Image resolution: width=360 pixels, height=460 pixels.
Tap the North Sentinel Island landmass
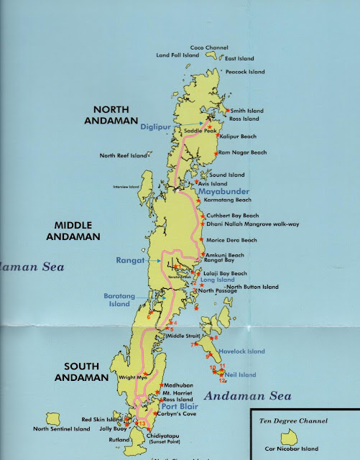pyautogui.click(x=53, y=418)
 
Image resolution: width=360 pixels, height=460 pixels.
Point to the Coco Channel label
pyautogui.click(x=208, y=47)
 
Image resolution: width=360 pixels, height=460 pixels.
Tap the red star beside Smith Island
pyautogui.click(x=227, y=110)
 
